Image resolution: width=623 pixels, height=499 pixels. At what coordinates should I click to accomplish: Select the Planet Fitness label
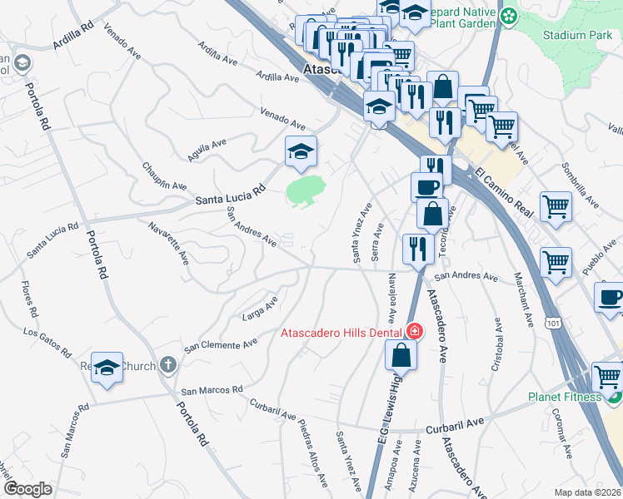click(x=564, y=397)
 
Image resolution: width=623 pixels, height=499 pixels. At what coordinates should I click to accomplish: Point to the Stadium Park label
click(x=576, y=36)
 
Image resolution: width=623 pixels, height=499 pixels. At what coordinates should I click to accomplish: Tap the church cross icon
click(x=167, y=364)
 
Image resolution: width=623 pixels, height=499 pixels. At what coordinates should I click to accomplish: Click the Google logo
click(x=27, y=489)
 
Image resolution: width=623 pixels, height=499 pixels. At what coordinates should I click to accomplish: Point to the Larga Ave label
click(x=259, y=307)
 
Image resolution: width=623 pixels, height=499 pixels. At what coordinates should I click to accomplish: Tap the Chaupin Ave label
click(x=164, y=175)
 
